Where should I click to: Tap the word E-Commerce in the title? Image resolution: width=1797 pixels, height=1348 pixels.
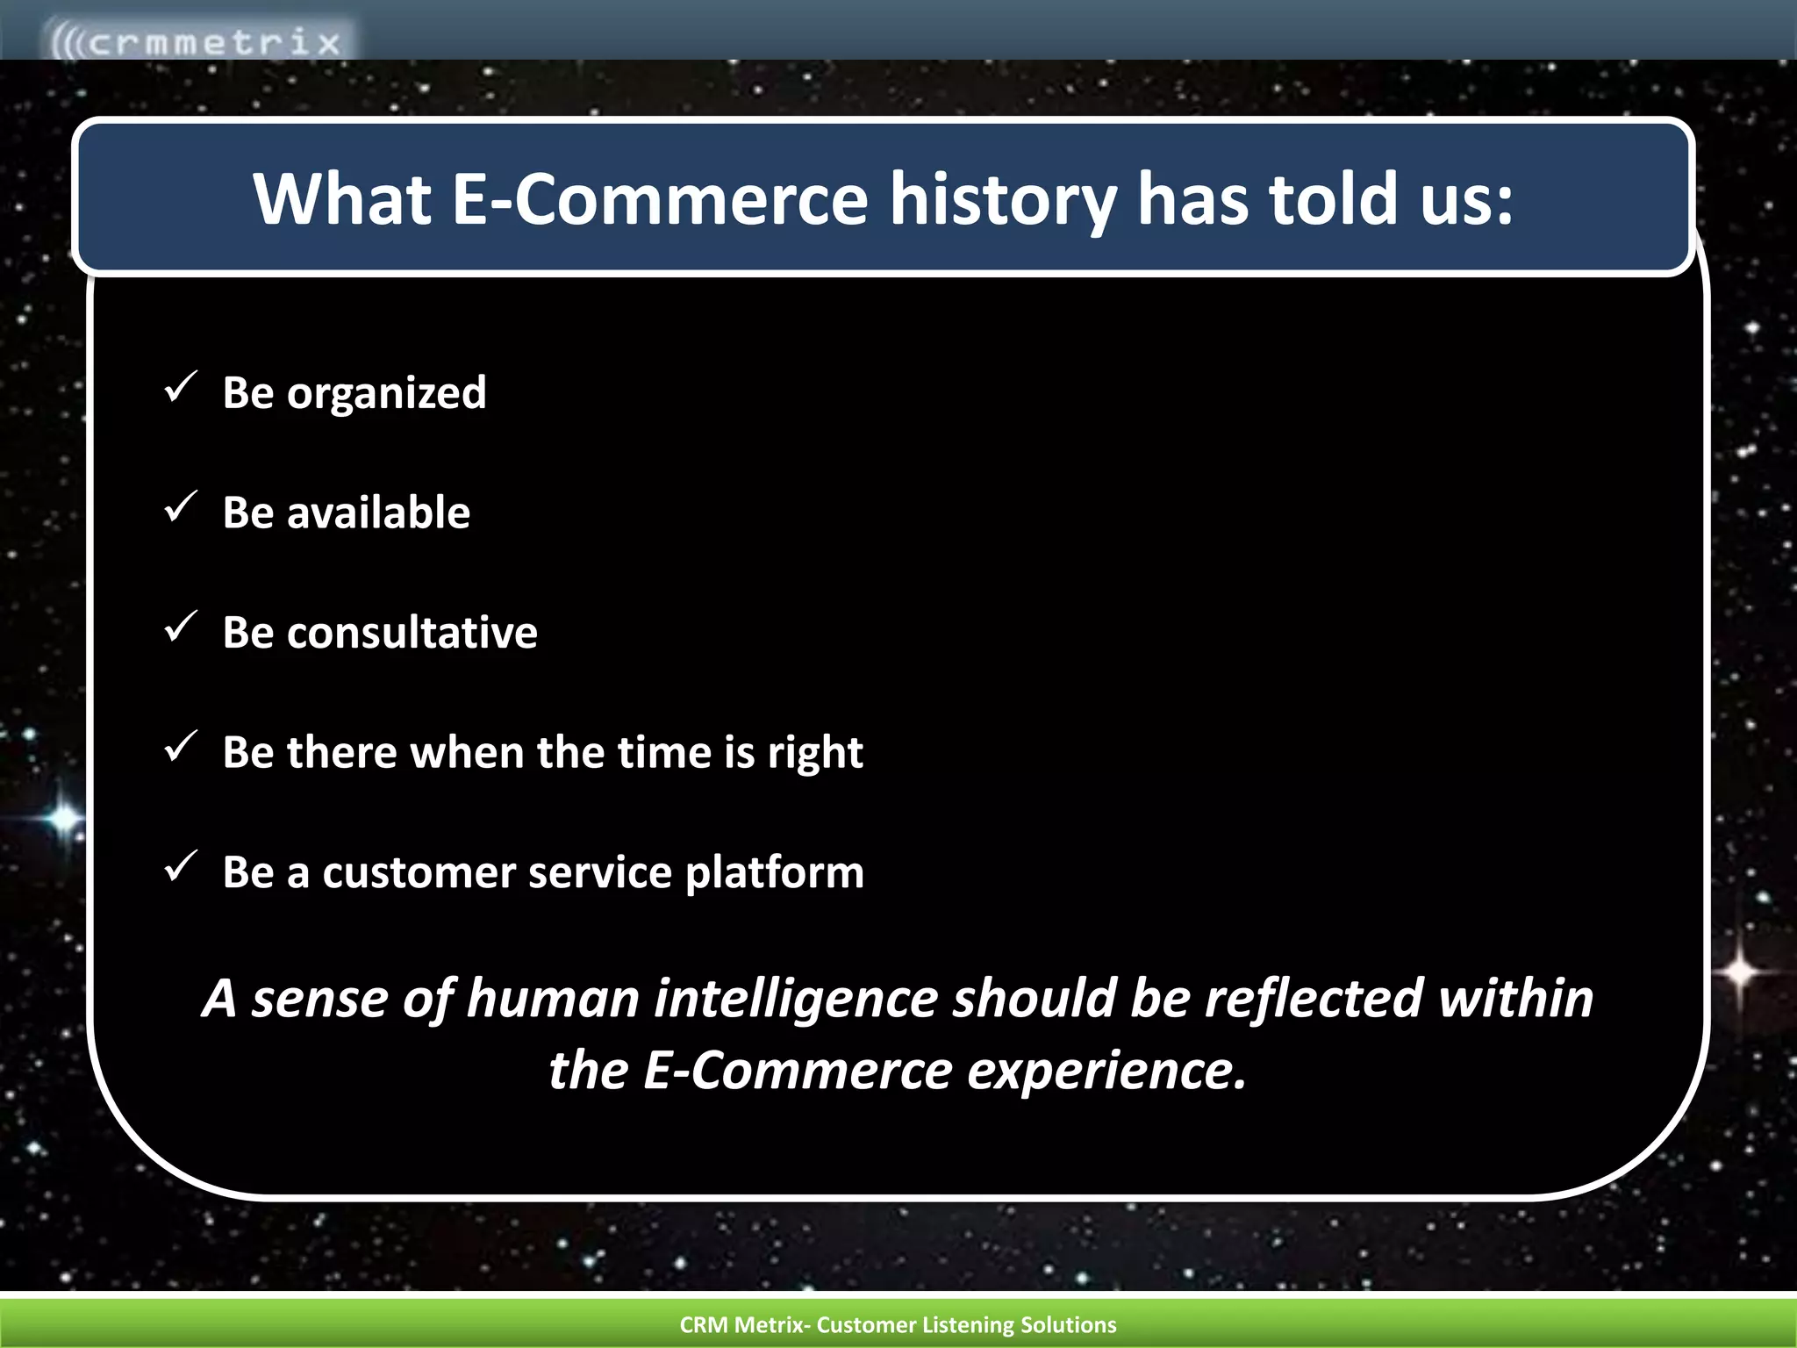659,199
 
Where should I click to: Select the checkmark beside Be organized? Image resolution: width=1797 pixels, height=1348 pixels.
180,387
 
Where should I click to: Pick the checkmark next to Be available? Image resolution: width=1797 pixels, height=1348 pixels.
180,507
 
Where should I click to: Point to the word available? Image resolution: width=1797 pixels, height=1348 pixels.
378,513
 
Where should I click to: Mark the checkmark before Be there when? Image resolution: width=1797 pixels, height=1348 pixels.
180,747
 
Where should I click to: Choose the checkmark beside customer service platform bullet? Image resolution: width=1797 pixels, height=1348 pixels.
180,867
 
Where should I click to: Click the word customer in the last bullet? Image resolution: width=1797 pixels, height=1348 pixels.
418,873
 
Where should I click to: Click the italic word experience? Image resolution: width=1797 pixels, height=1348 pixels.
1106,1071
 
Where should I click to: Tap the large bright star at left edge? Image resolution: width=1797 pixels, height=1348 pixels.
64,818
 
